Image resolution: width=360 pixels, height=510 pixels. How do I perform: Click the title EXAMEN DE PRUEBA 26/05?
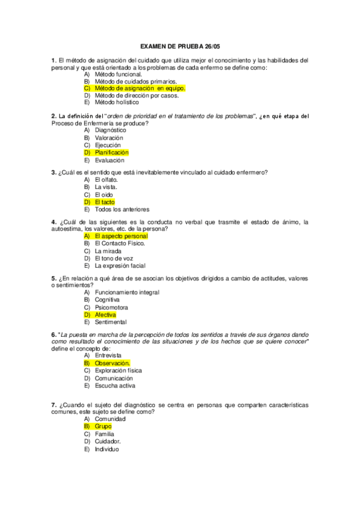point(180,46)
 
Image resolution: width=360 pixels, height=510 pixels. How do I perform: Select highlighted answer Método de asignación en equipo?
point(139,88)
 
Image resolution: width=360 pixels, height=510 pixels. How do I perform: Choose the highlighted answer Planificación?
point(112,152)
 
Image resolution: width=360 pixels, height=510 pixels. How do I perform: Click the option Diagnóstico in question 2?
point(111,130)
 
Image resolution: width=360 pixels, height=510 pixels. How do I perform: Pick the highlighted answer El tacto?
point(105,202)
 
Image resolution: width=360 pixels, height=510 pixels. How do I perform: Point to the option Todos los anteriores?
point(122,209)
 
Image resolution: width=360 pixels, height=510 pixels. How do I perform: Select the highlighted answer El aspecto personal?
point(121,236)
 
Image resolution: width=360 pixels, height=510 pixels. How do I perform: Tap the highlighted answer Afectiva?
point(106,315)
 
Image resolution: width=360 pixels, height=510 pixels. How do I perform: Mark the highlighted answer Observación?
point(112,363)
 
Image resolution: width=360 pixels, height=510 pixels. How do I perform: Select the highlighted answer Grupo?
point(103,426)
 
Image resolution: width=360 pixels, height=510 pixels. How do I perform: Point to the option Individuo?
point(107,449)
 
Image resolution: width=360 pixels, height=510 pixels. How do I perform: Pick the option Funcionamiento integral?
point(127,292)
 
